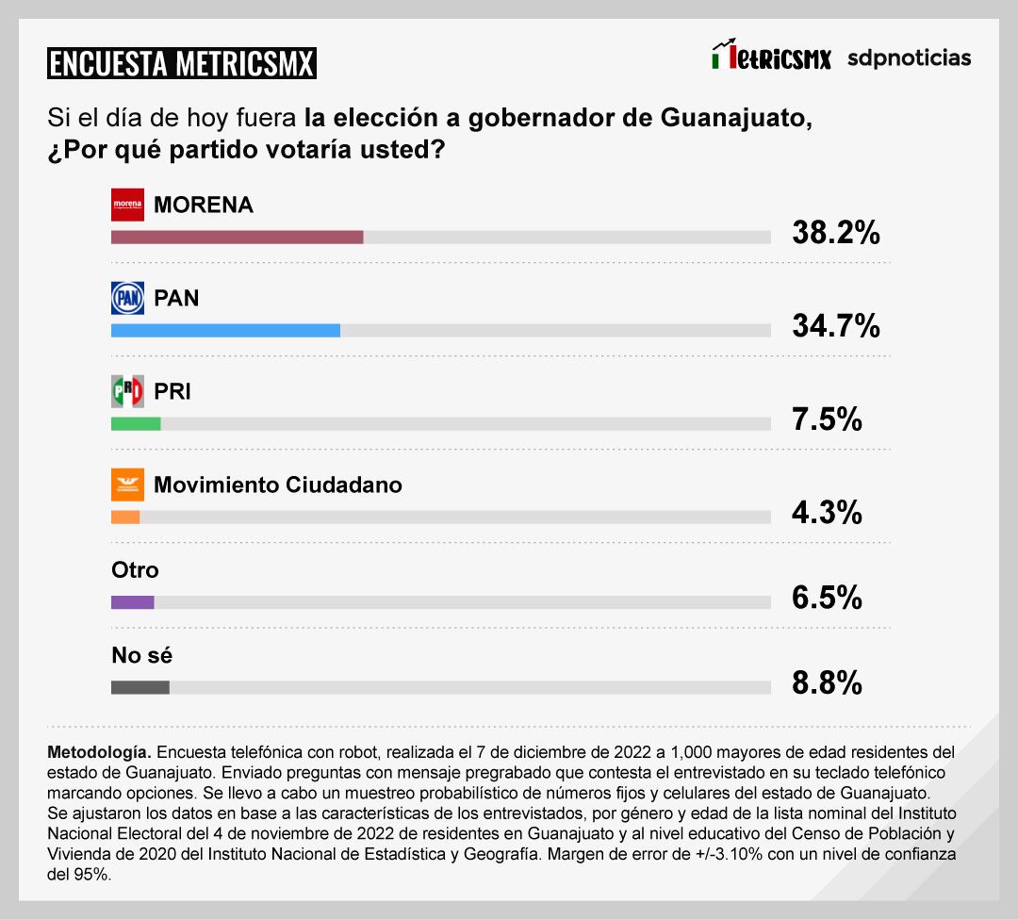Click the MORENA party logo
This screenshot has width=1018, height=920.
127,205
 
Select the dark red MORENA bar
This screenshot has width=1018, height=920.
237,238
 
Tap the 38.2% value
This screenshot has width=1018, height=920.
835,233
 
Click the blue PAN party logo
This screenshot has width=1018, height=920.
127,298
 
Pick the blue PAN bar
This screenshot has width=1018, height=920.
225,330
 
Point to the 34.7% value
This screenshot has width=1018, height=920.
835,326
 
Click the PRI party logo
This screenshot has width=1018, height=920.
127,391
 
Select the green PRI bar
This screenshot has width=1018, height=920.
136,423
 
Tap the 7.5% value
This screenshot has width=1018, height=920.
827,419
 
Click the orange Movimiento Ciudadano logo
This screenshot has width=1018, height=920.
127,485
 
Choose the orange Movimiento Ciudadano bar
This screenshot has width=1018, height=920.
125,517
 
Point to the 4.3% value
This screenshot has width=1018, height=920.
827,513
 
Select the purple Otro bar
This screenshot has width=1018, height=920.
132,602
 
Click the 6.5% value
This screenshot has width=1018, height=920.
827,598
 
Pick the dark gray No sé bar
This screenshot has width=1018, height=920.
140,687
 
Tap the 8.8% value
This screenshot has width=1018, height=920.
827,682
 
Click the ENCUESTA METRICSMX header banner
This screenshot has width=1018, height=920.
182,63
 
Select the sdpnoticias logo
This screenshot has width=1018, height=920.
909,58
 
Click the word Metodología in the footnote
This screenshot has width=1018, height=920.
98,753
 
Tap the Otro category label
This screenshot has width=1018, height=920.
135,570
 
